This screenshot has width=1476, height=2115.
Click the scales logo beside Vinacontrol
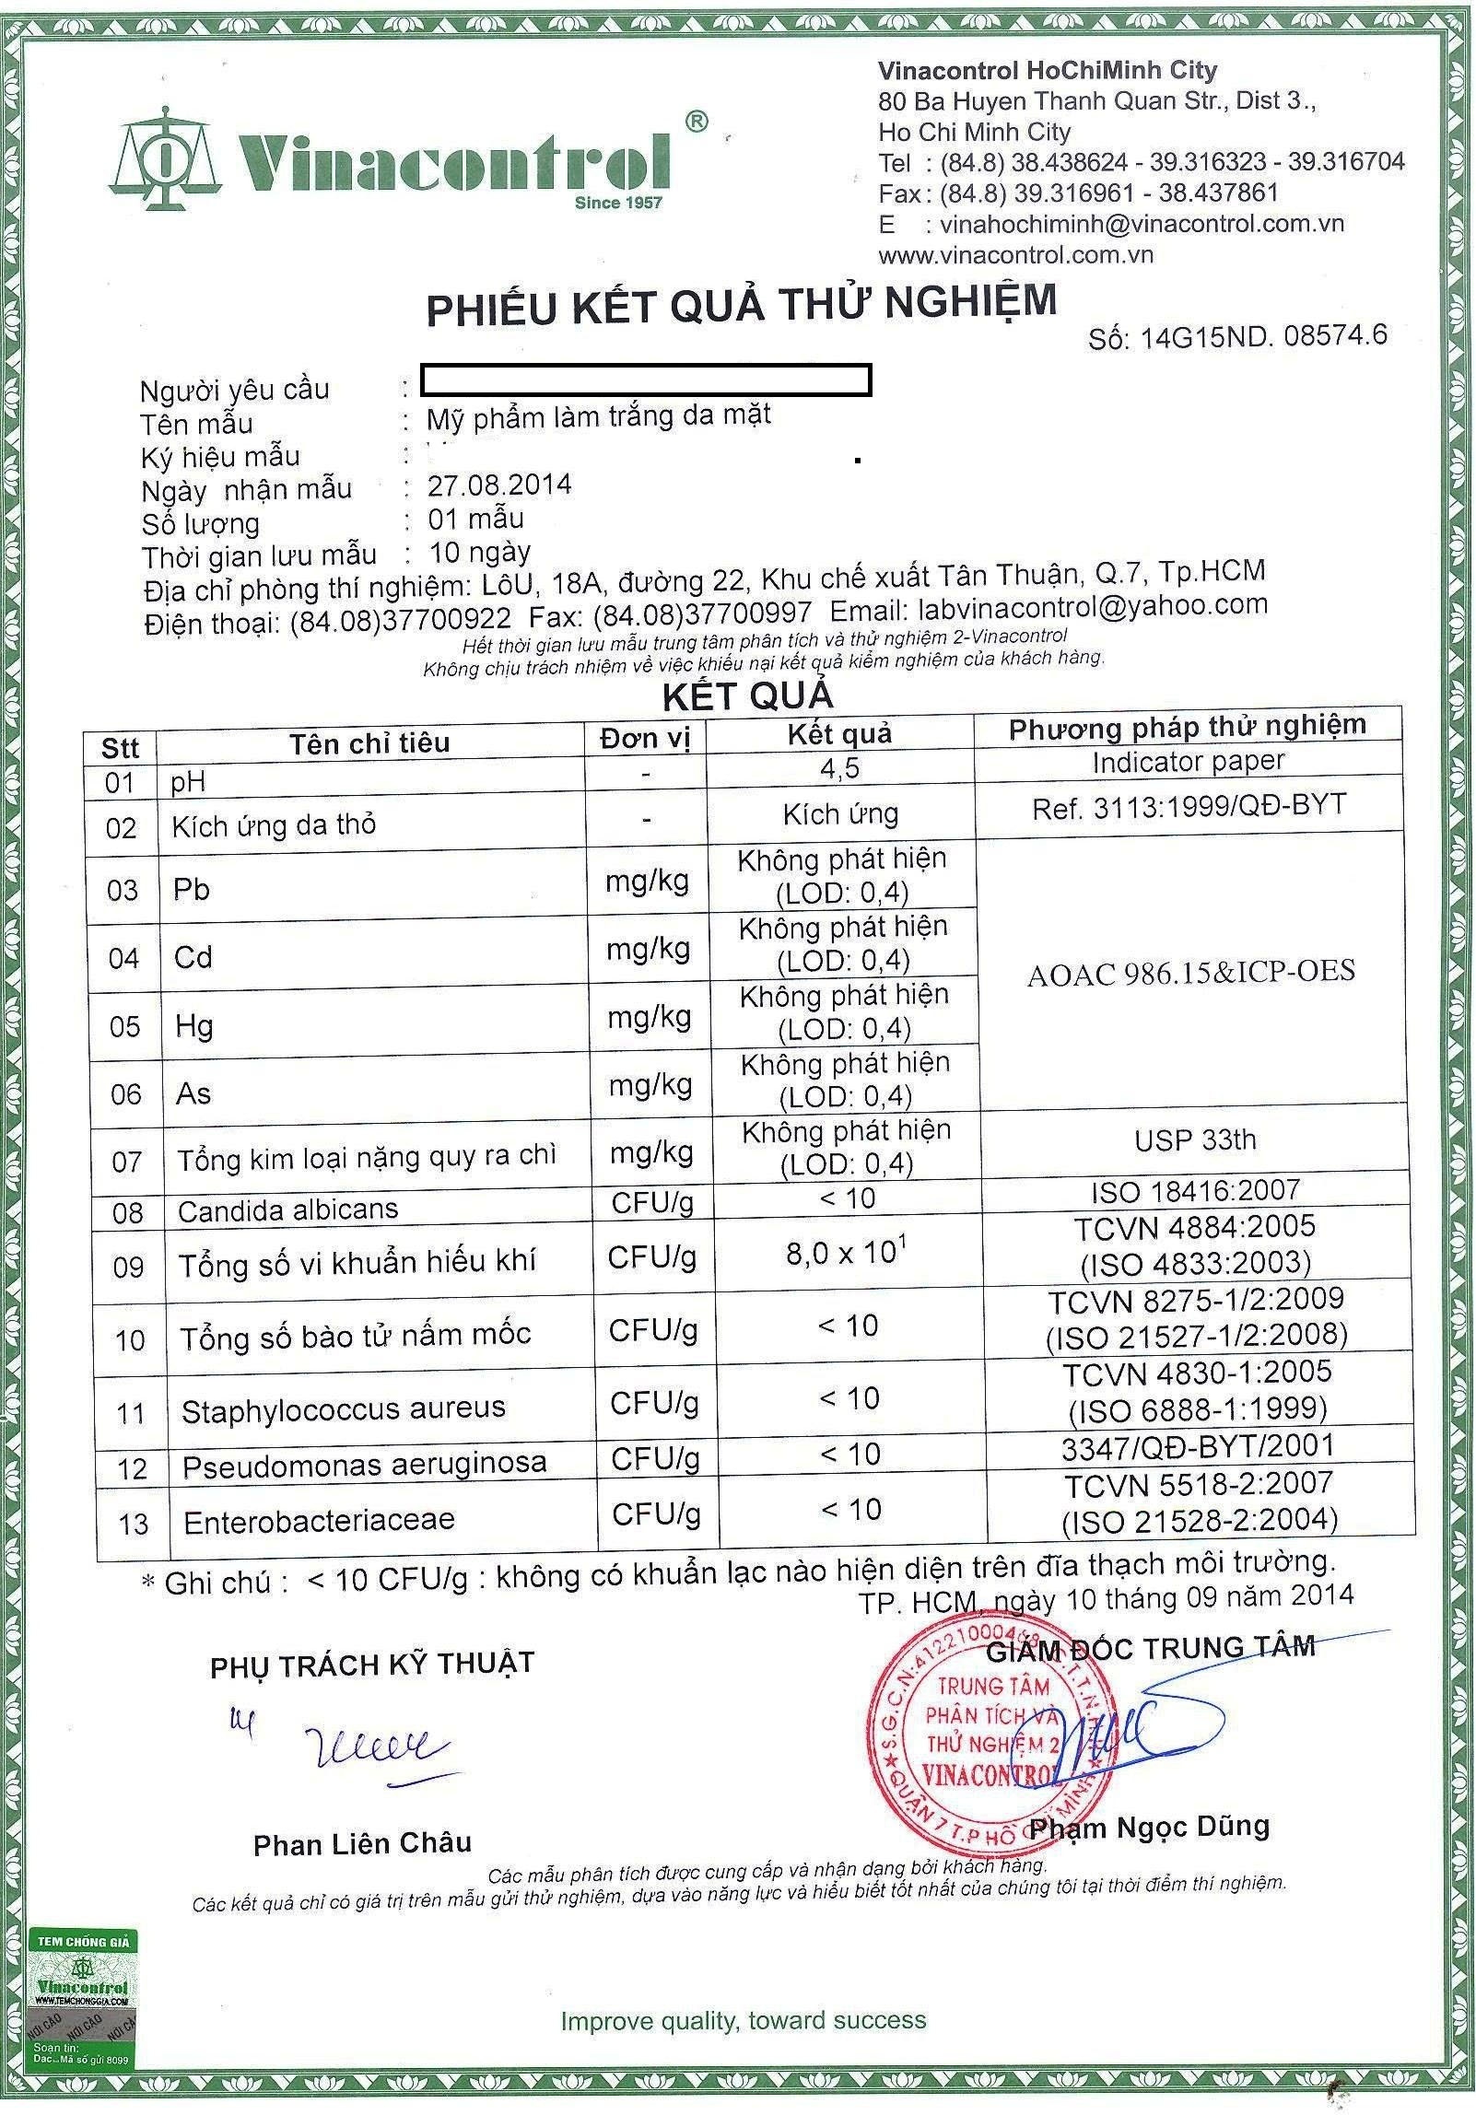(x=166, y=156)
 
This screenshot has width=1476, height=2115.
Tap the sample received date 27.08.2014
(x=499, y=485)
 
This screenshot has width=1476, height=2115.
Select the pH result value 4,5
(x=839, y=768)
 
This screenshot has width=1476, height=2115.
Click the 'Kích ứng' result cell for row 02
(x=840, y=813)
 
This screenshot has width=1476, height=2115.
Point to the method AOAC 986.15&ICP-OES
(x=1190, y=972)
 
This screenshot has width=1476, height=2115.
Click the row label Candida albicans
(x=287, y=1209)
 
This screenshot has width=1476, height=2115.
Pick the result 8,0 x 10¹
(x=839, y=1254)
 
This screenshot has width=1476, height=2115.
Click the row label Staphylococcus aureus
(x=344, y=1409)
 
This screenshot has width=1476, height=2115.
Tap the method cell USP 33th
(x=1195, y=1139)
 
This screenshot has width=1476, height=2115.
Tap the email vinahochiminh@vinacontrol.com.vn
(x=1139, y=224)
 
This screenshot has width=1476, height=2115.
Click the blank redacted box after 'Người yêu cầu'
(x=645, y=379)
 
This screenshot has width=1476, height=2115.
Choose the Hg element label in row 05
(x=194, y=1025)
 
